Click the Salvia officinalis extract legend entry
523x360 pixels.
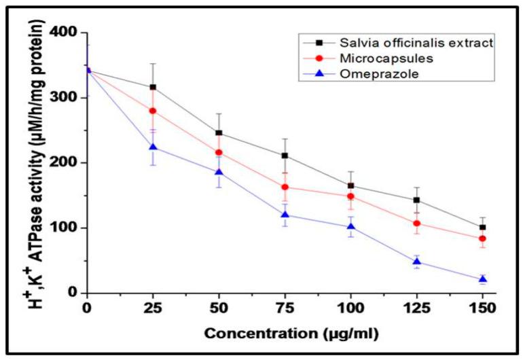click(397, 44)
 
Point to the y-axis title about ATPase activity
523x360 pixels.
click(31, 163)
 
